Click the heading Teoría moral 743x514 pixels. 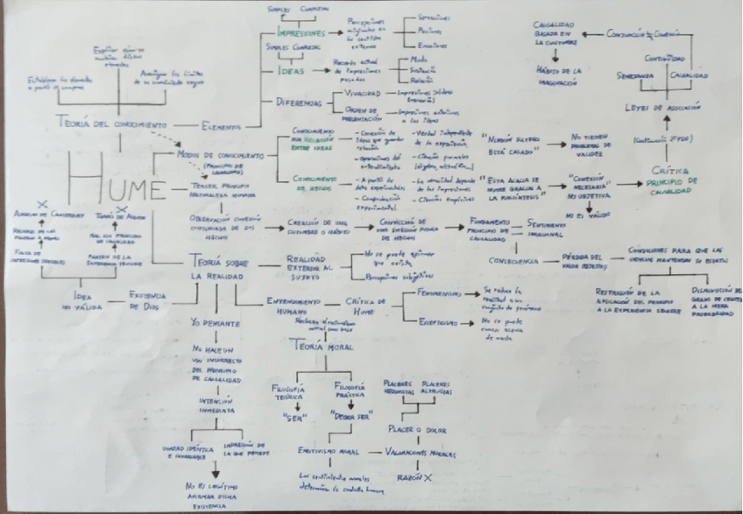point(322,348)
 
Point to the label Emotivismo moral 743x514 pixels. point(326,452)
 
